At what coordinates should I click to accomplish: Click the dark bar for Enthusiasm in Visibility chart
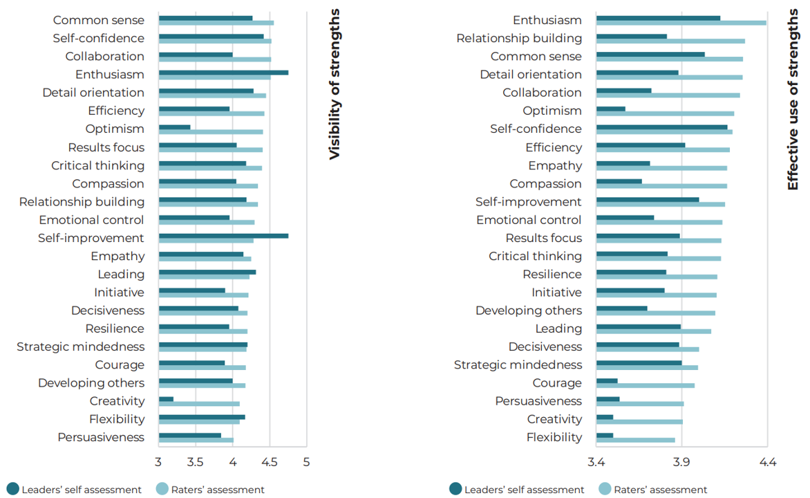coord(223,72)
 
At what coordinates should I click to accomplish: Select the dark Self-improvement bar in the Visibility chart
coord(223,236)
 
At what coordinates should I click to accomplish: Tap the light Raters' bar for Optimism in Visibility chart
coord(211,131)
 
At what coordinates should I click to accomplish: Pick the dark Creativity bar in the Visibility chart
coord(166,399)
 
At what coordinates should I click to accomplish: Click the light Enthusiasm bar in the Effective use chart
coord(681,23)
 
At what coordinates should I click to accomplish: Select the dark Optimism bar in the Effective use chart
coord(610,109)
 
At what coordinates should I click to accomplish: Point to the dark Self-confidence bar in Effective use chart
coord(661,127)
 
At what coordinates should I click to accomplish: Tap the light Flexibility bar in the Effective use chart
coord(635,440)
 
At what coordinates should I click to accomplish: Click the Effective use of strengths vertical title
coord(793,101)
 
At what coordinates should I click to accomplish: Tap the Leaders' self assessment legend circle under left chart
coord(12,489)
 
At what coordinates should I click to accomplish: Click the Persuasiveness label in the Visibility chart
coord(101,437)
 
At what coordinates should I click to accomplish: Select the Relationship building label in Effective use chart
coord(519,38)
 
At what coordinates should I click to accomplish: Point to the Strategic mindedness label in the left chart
coord(81,347)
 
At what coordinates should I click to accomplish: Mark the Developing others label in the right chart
coord(529,311)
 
